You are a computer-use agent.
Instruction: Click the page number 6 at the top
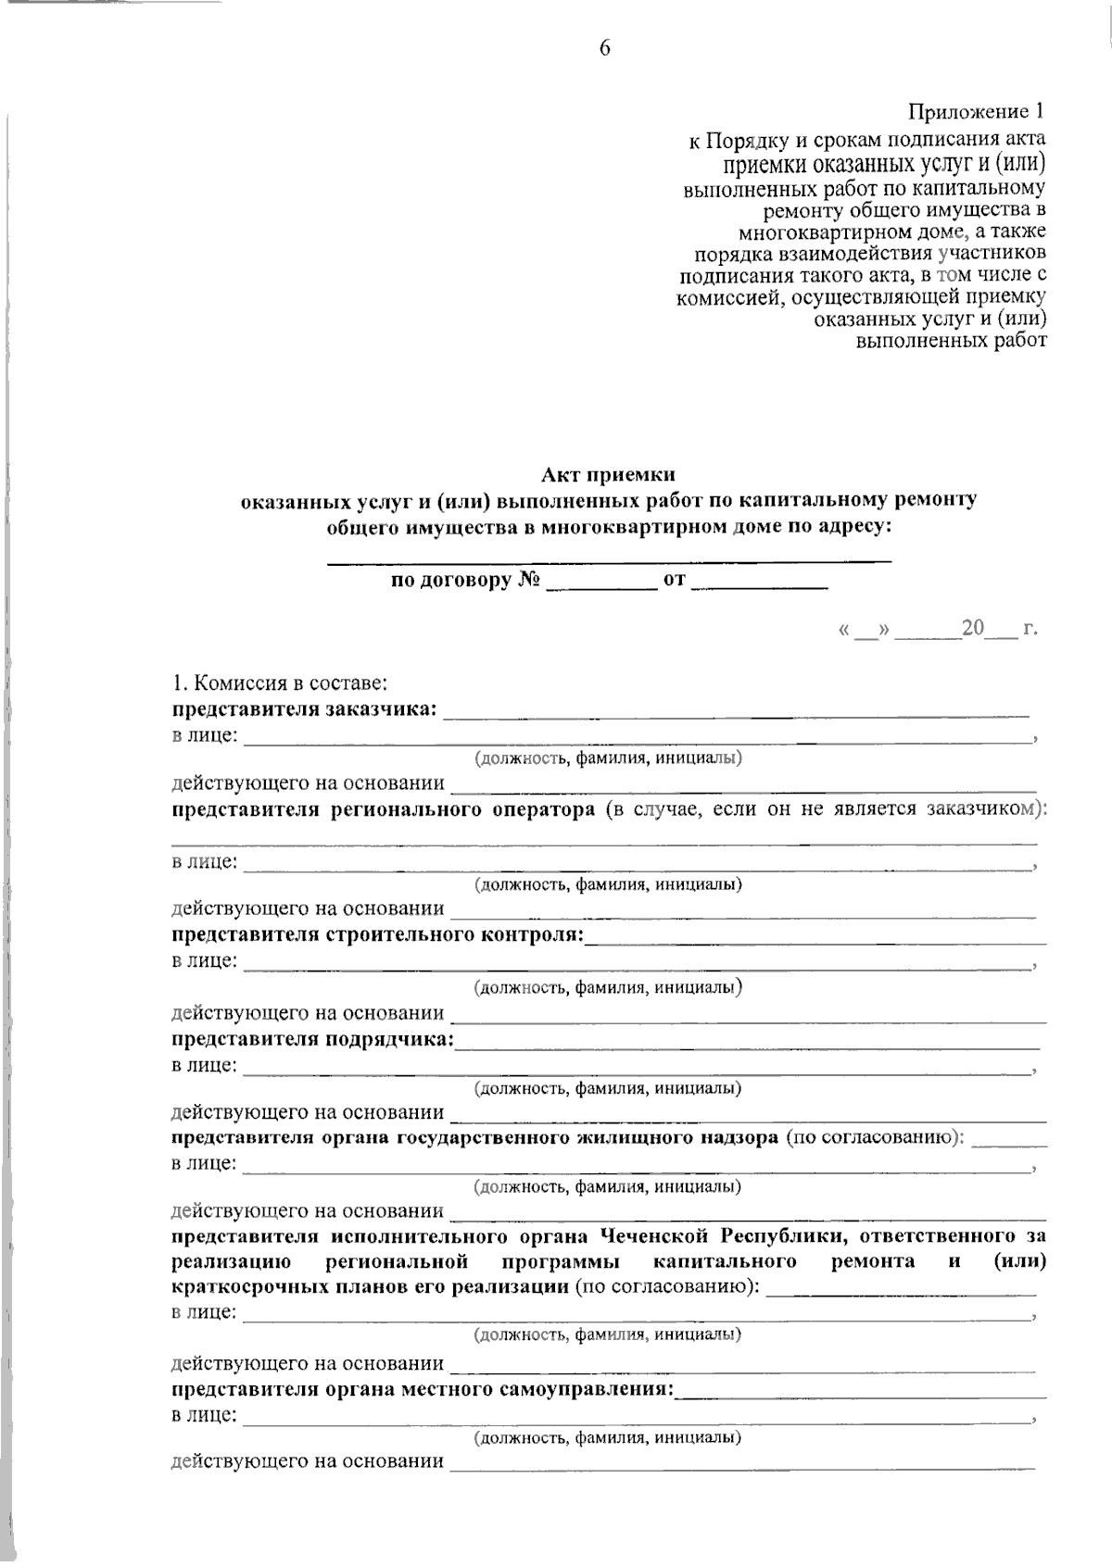point(604,49)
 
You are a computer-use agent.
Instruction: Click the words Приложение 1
point(976,113)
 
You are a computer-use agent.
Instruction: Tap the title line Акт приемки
point(609,476)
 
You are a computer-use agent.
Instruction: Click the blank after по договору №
point(600,584)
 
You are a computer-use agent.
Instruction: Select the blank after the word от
point(759,584)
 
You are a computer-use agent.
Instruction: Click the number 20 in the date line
point(972,629)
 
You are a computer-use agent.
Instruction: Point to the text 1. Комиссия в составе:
point(279,684)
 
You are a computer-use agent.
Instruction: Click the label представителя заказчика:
point(304,709)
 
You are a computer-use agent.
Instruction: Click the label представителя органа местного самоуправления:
point(423,1388)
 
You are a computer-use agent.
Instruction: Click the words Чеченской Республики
point(718,1236)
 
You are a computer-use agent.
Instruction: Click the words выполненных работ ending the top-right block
point(952,341)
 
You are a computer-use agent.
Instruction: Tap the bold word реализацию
point(232,1261)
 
